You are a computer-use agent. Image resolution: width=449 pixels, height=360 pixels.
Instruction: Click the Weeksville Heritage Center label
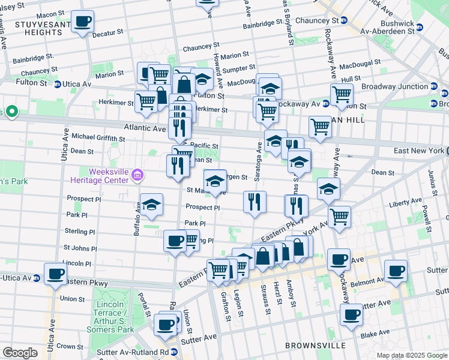point(100,175)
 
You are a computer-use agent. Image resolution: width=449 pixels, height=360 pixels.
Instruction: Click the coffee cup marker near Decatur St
point(83,22)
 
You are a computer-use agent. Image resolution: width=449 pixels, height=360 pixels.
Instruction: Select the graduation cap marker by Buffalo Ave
point(151,204)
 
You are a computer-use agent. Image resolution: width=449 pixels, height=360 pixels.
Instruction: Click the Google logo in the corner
point(20,353)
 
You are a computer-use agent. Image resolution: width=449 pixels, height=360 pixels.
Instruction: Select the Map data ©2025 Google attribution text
point(412,355)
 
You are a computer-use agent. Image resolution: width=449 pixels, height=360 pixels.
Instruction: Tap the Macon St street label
point(50,14)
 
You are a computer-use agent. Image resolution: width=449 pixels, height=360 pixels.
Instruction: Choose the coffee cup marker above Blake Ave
point(351,314)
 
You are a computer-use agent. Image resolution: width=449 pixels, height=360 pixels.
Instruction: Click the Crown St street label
point(70,346)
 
